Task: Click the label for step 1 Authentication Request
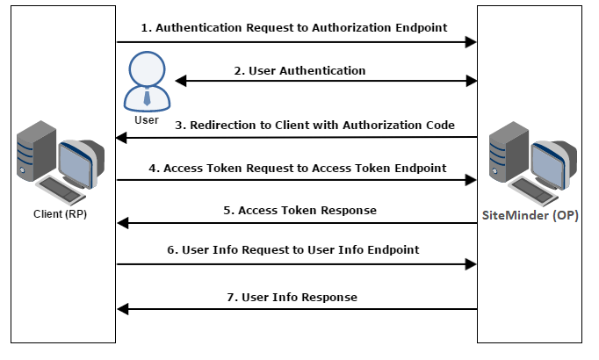pos(295,28)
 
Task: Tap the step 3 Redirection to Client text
pos(314,126)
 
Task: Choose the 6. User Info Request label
pos(292,250)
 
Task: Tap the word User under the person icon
pos(147,119)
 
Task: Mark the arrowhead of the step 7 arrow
pos(123,309)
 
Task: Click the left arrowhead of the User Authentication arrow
pos(180,82)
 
